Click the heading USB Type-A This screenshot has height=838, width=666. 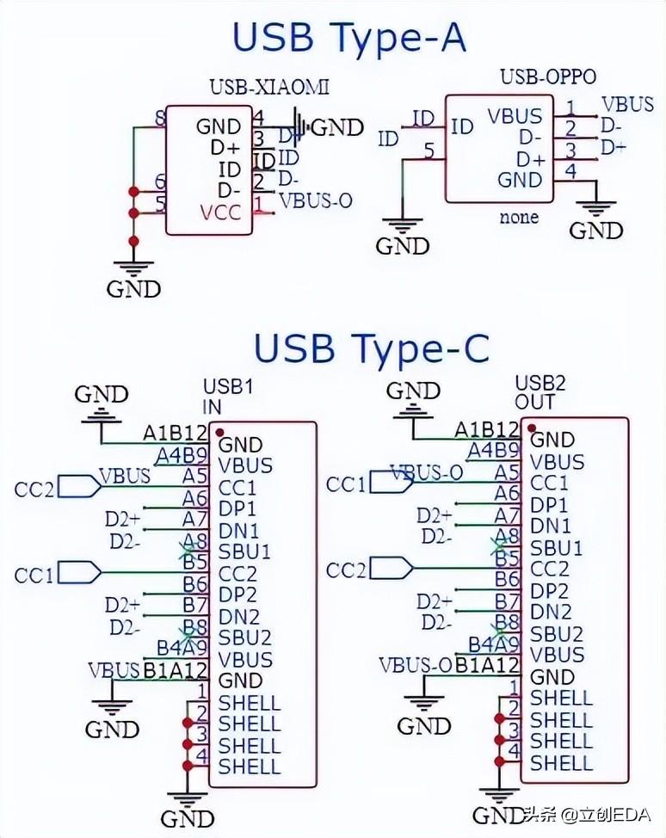pyautogui.click(x=348, y=39)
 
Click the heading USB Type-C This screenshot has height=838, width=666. pyautogui.click(x=371, y=348)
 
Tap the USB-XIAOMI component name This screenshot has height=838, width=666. pyautogui.click(x=269, y=87)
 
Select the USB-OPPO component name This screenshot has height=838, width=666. pyautogui.click(x=548, y=77)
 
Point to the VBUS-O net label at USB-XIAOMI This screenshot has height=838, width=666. pyautogui.click(x=316, y=200)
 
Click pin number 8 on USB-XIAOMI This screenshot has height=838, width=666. pyautogui.click(x=160, y=118)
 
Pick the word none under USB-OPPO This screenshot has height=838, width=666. pyautogui.click(x=519, y=217)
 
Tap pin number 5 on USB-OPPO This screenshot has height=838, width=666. pyautogui.click(x=429, y=152)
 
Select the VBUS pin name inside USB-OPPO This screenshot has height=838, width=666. pyautogui.click(x=515, y=115)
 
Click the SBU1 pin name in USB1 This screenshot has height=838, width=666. pyautogui.click(x=244, y=551)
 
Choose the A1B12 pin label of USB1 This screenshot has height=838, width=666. pyautogui.click(x=176, y=434)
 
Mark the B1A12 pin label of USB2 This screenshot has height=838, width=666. pyautogui.click(x=487, y=664)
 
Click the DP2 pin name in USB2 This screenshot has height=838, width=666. pyautogui.click(x=549, y=591)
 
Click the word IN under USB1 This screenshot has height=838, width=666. pyautogui.click(x=212, y=406)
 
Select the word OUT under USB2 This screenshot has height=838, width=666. pyautogui.click(x=535, y=402)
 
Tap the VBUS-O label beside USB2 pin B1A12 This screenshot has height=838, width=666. pyautogui.click(x=415, y=664)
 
